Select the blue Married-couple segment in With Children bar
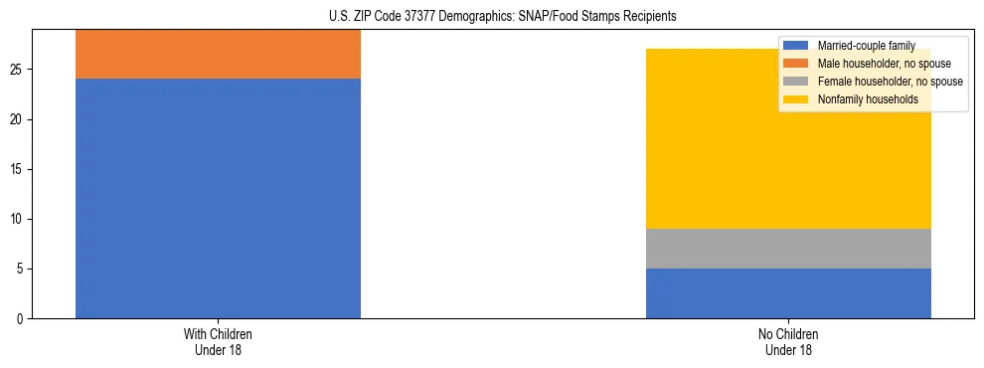[218, 198]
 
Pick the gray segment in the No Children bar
[788, 248]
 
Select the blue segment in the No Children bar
[788, 293]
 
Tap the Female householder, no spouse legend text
[890, 82]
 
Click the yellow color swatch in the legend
[796, 99]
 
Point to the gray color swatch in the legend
[796, 82]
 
